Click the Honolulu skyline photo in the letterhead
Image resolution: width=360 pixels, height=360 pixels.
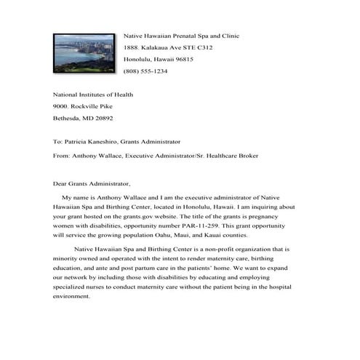(x=84, y=52)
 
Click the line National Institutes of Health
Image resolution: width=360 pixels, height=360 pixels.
(x=93, y=95)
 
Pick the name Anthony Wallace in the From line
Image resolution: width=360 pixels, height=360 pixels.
(x=96, y=155)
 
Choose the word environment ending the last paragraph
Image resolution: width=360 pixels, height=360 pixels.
(x=73, y=297)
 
